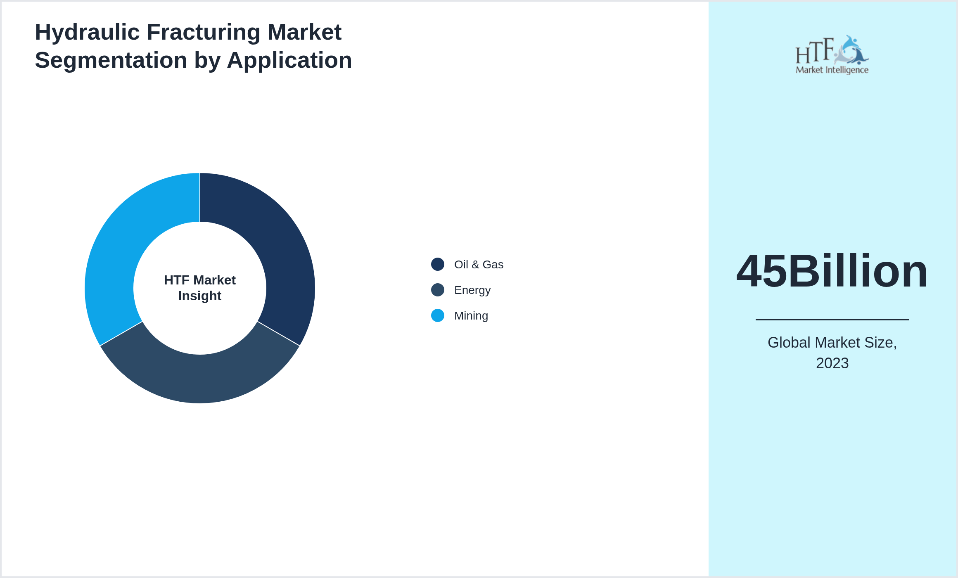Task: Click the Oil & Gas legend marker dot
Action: coord(438,264)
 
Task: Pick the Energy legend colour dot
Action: coord(438,290)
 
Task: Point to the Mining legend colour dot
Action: coord(438,315)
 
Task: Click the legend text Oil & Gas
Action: coord(479,265)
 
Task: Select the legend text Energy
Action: coord(472,290)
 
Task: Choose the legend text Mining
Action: coord(471,316)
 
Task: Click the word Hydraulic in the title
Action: coord(87,32)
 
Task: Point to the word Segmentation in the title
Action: coord(111,60)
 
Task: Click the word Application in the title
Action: coord(289,60)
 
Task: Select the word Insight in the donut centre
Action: coord(200,296)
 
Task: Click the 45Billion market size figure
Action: coord(832,271)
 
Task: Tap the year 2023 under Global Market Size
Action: coord(832,363)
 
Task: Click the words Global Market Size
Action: coord(832,343)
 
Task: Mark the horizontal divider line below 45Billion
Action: coord(832,319)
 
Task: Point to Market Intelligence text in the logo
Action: coord(832,70)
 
